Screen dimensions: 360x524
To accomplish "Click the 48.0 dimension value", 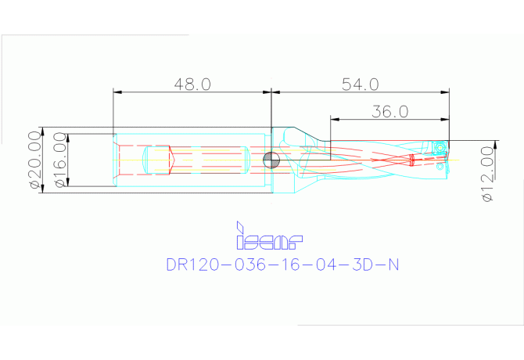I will coord(192,84).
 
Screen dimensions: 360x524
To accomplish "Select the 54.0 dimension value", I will coord(361,84).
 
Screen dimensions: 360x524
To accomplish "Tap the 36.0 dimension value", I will coord(389,112).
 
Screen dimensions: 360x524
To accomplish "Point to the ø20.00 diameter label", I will coord(34,160).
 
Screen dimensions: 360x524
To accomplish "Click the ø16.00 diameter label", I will coord(59,160).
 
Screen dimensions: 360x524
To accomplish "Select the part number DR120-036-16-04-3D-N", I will coord(282,265).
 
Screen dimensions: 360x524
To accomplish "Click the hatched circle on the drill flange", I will coord(271,160).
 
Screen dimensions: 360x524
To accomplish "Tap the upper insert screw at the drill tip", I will coord(441,146).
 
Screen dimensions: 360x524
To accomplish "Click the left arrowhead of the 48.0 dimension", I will coord(117,92).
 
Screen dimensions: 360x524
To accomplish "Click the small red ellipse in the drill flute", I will coord(413,160).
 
